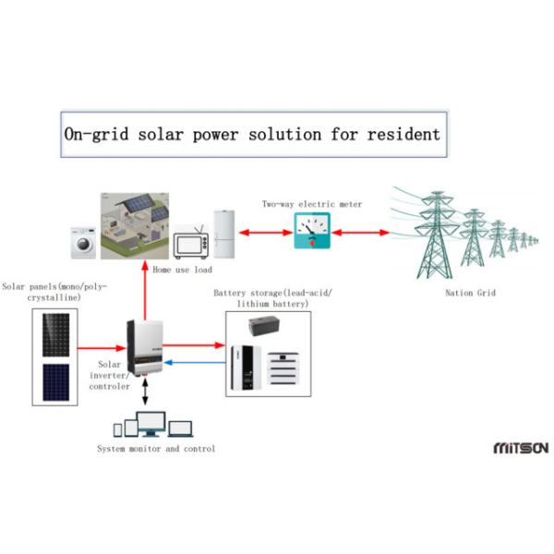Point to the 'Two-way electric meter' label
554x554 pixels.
tap(312, 204)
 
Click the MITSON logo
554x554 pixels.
tap(521, 447)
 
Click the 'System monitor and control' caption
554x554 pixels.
tap(156, 449)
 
